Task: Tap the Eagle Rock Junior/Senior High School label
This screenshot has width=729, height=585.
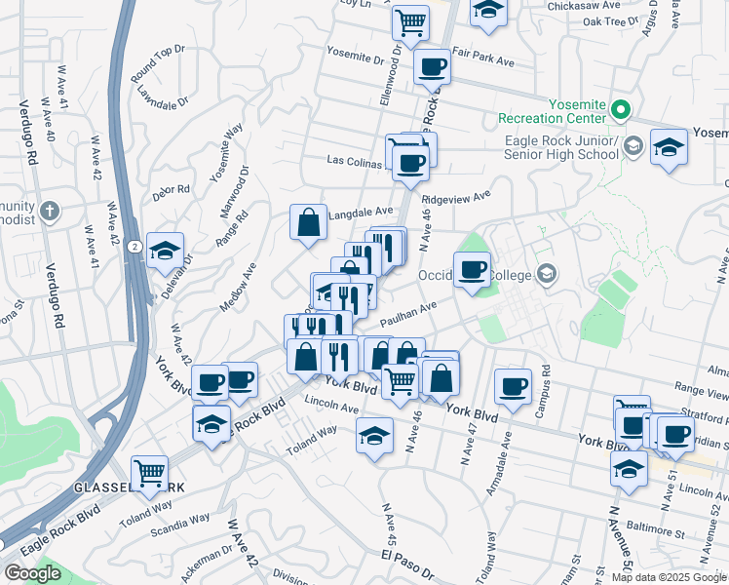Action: point(560,147)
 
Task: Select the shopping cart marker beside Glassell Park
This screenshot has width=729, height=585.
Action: point(149,474)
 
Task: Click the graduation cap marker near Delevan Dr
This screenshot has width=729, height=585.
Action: point(165,250)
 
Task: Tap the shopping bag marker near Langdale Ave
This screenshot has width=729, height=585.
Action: point(308,221)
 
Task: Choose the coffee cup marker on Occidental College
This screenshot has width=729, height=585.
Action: point(472,269)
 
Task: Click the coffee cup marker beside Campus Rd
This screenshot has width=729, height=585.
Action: point(513,386)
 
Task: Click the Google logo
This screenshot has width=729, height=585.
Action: point(32,573)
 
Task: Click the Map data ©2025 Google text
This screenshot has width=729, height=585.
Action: point(669,577)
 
